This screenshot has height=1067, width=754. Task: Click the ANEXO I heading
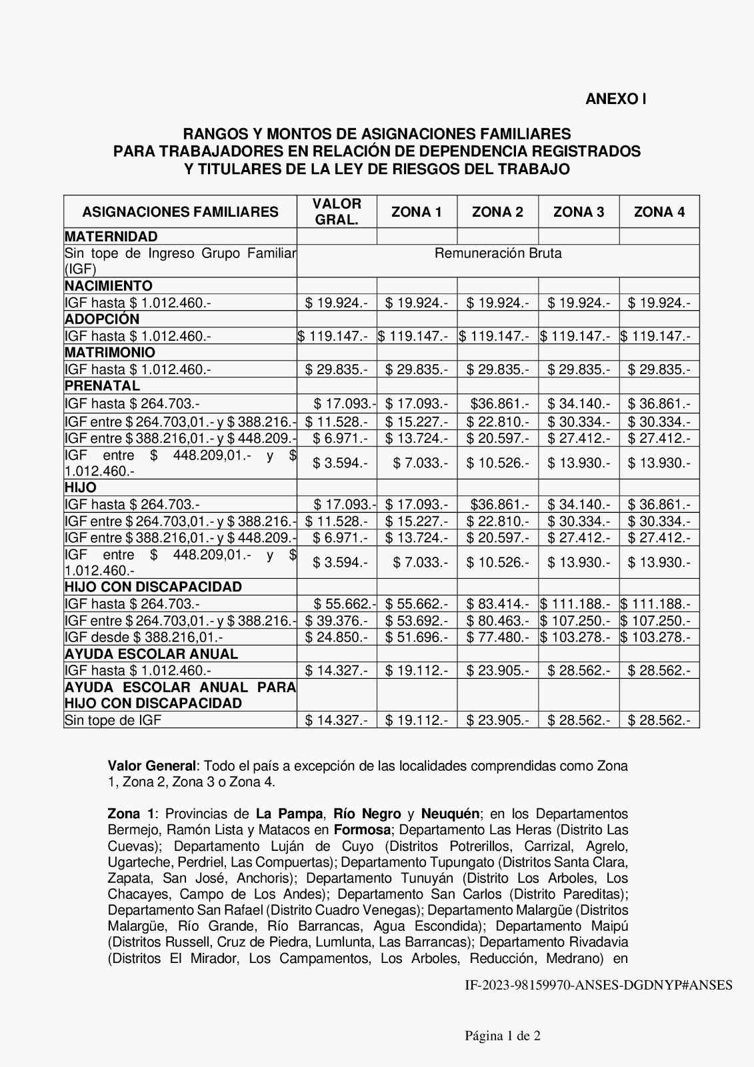pos(615,99)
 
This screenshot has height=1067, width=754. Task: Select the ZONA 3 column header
pos(579,212)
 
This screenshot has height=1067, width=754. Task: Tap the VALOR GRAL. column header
pos(337,211)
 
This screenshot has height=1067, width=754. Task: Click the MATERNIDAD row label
pos(111,237)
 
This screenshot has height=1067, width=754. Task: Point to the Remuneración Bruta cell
pos(498,253)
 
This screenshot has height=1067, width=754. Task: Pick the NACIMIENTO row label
pos(109,286)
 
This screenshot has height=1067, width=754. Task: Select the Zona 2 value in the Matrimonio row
pos(497,369)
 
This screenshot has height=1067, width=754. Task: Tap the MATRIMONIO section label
pos(110,353)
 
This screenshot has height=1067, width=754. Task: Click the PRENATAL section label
pos(103,386)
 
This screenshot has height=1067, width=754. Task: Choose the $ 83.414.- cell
pos(497,604)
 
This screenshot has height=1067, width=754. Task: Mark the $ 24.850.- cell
pos(337,637)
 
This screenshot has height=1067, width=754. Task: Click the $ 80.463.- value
pos(497,620)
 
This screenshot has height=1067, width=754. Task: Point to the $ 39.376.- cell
pos(337,620)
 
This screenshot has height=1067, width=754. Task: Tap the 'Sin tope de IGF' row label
pos(113,720)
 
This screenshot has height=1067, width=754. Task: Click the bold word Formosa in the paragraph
pos(362,830)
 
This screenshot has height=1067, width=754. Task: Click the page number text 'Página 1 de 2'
pos(503,1036)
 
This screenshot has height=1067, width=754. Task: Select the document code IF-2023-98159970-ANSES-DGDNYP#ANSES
pos(598,985)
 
